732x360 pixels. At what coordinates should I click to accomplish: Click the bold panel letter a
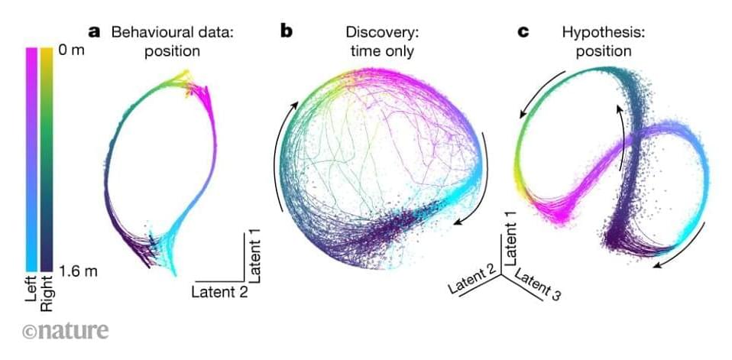click(96, 32)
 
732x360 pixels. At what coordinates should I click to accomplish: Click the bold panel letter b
click(287, 32)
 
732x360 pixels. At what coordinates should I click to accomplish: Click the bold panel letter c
click(523, 32)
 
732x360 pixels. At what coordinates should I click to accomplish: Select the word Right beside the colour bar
click(47, 294)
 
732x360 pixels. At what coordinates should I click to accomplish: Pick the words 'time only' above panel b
click(380, 51)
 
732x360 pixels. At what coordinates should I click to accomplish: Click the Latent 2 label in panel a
click(219, 291)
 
